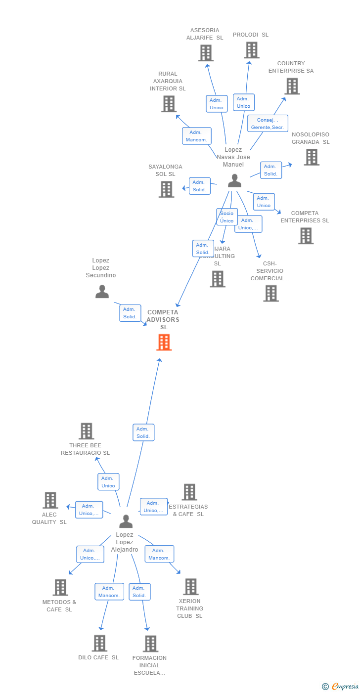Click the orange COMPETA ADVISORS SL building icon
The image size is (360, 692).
tap(164, 342)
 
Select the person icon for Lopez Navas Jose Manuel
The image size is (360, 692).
tap(234, 181)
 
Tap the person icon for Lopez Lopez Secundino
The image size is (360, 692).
tap(102, 292)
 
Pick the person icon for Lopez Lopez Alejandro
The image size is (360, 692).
tap(126, 521)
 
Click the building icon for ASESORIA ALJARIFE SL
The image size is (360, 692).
tap(206, 53)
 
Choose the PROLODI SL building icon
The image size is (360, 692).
tap(251, 50)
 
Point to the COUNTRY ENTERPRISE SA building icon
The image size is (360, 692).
tap(292, 86)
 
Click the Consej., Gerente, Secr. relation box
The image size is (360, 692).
tap(268, 124)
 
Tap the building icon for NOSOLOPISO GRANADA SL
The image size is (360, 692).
tap(311, 157)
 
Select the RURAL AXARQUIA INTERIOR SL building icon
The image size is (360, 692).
tap(169, 104)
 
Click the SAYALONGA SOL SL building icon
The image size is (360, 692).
tap(166, 189)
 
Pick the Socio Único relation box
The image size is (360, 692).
tap(227, 217)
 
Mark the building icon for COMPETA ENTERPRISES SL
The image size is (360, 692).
tap(306, 236)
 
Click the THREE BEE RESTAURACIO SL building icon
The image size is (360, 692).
tap(86, 431)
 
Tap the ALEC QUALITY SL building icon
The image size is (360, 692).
tap(50, 500)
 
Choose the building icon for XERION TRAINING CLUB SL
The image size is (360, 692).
tap(190, 587)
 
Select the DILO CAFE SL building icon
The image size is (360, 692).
tap(99, 643)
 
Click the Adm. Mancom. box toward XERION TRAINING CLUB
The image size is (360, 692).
tap(159, 554)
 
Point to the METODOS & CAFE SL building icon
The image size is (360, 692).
tap(60, 587)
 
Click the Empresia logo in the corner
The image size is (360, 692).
tap(344, 686)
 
